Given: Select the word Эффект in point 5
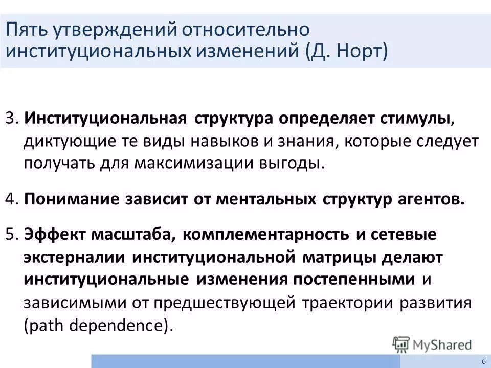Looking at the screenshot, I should (54, 234).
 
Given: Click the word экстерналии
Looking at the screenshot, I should (75, 257).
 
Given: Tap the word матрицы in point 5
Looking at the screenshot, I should (348, 257).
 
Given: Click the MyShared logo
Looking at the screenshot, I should (432, 344).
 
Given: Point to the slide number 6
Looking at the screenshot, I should (483, 362).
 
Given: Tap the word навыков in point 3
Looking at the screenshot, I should (232, 141).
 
